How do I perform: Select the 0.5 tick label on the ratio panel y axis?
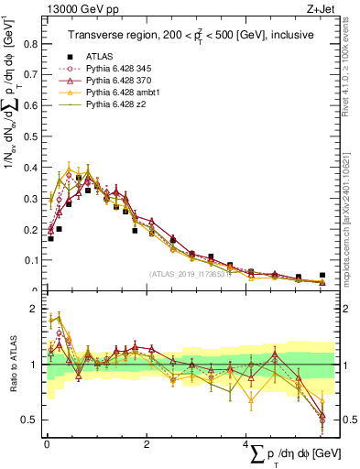(x=30, y=420)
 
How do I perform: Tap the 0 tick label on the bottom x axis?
(x=47, y=442)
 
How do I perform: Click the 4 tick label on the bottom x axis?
(x=245, y=442)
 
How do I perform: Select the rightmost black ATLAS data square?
(x=322, y=275)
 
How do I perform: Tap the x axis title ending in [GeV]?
(x=289, y=454)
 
